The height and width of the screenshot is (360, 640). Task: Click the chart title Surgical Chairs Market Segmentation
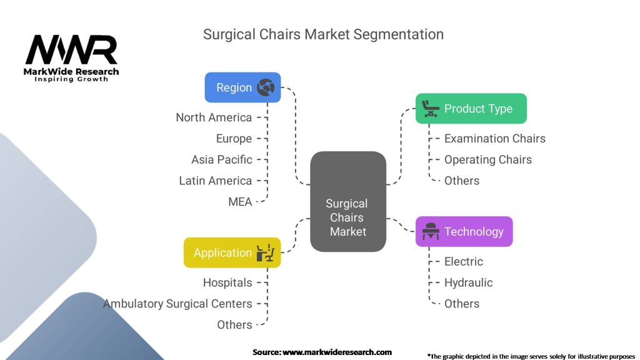pos(323,34)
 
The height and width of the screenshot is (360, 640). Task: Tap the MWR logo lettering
pos(71,50)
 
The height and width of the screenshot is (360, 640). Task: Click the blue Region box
pos(242,87)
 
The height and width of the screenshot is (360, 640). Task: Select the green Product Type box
pos(471,109)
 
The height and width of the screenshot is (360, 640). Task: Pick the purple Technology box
pos(464,232)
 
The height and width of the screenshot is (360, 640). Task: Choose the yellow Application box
pos(232,252)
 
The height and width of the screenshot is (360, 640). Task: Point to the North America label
pos(214,117)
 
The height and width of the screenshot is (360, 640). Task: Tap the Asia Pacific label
pos(222,159)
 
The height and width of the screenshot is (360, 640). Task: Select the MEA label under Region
pos(240,201)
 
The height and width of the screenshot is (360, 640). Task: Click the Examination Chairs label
pos(494,139)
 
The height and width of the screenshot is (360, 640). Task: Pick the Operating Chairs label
pos(487,159)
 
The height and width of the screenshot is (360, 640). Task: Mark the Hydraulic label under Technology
pos(468,282)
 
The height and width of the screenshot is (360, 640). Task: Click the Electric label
pos(463,261)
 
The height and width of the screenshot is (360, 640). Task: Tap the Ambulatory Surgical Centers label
pos(178,304)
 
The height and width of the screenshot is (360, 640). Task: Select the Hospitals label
pos(227,282)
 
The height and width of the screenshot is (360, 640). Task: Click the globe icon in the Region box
pos(266,87)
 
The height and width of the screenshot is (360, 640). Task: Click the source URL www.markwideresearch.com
pos(337,352)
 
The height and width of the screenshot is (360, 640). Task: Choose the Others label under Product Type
pos(462,181)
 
